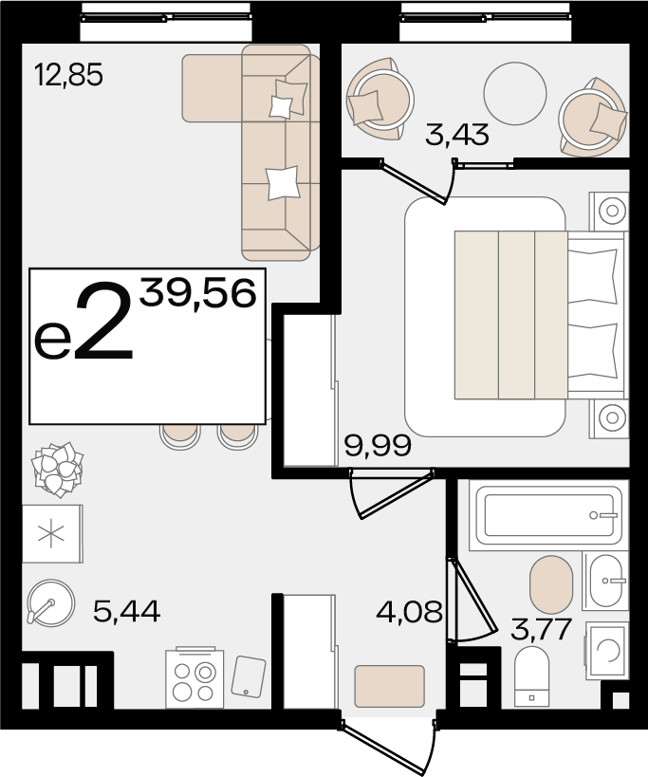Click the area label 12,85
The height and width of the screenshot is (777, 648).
tap(69, 75)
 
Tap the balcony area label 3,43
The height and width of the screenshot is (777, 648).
tap(457, 135)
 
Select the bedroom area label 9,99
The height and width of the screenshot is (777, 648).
tap(378, 445)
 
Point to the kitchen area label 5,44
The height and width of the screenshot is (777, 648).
tap(127, 611)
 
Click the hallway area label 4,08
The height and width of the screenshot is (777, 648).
tap(409, 612)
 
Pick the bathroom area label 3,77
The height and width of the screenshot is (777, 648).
tap(542, 629)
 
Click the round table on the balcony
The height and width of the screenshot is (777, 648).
tap(515, 94)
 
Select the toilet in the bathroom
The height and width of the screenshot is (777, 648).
tap(531, 675)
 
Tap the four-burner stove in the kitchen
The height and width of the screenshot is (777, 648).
tap(194, 678)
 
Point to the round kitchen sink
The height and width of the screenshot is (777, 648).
tap(51, 603)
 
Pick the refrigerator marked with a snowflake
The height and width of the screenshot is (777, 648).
tap(52, 534)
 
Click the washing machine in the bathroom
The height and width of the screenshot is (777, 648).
tap(607, 651)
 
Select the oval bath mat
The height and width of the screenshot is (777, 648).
tap(551, 584)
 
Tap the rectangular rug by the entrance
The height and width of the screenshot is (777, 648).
tap(389, 686)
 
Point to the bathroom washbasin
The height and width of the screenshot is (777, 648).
tap(606, 581)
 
